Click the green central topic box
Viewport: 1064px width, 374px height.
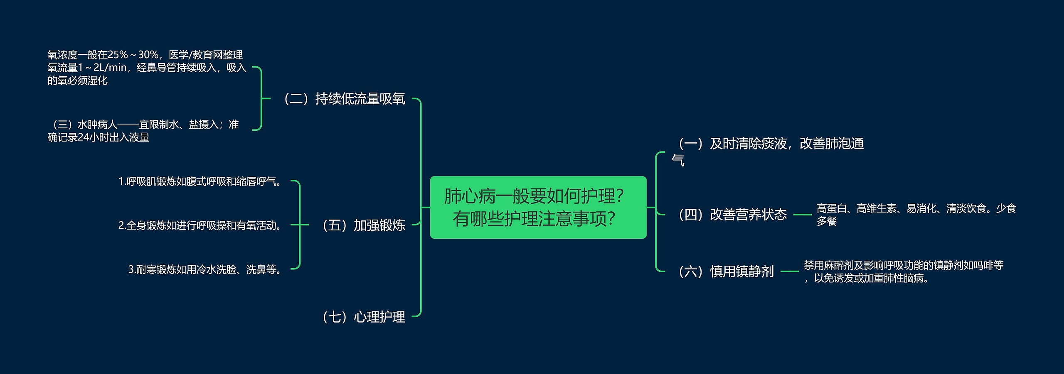pyautogui.click(x=538, y=207)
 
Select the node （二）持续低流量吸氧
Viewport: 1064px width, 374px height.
pyautogui.click(x=344, y=99)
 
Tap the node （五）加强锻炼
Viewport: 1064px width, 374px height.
pyautogui.click(x=363, y=225)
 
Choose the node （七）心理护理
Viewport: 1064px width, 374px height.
pyautogui.click(x=363, y=317)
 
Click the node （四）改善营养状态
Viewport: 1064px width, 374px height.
pyautogui.click(x=732, y=214)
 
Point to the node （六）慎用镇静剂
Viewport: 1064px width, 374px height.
pyautogui.click(x=726, y=271)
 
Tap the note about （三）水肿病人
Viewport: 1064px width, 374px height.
pyautogui.click(x=143, y=131)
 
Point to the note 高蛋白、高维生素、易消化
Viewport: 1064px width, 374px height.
pyautogui.click(x=916, y=214)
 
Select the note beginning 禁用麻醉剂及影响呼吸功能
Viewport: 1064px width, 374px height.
pyautogui.click(x=904, y=271)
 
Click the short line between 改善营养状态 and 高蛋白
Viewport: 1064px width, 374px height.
pyautogui.click(x=802, y=215)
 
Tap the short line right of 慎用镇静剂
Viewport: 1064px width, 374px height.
pyautogui.click(x=789, y=271)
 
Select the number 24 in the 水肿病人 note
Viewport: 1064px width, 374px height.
pyautogui.click(x=84, y=137)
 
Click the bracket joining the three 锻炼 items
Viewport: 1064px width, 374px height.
pyautogui.click(x=299, y=225)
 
